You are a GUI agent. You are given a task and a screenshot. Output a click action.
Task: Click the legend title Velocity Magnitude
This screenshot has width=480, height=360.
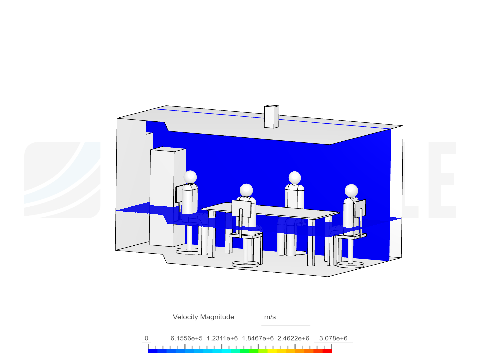click(203, 317)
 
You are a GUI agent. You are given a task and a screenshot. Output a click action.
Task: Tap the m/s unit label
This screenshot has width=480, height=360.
click(270, 317)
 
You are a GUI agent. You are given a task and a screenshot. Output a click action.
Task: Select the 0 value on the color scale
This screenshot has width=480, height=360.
click(146, 338)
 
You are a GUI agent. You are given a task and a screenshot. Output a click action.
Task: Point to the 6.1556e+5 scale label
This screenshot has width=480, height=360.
click(186, 338)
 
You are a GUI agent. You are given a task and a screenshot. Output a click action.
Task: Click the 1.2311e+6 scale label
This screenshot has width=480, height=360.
click(222, 338)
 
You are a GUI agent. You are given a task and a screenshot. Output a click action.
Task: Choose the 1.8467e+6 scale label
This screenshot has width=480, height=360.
click(258, 338)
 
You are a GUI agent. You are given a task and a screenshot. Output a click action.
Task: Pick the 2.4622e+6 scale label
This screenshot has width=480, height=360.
click(293, 338)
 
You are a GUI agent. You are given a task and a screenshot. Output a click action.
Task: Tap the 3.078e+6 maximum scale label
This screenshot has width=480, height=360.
click(333, 338)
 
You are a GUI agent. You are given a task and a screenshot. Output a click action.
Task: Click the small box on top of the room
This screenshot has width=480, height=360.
click(271, 117)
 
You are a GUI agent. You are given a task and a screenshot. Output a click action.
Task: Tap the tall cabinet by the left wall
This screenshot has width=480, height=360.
click(168, 197)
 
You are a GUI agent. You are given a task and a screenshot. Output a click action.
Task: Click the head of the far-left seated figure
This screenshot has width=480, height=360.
click(190, 177)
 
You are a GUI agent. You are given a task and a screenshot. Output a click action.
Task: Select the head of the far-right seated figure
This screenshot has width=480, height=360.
click(351, 191)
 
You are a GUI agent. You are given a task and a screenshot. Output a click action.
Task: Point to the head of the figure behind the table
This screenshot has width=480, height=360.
click(295, 177)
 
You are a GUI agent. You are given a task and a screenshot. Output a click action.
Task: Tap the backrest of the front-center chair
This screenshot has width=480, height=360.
click(241, 209)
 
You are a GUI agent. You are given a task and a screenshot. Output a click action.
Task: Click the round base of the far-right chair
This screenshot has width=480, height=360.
click(350, 265)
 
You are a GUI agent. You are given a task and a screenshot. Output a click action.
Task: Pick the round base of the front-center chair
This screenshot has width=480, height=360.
click(245, 264)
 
